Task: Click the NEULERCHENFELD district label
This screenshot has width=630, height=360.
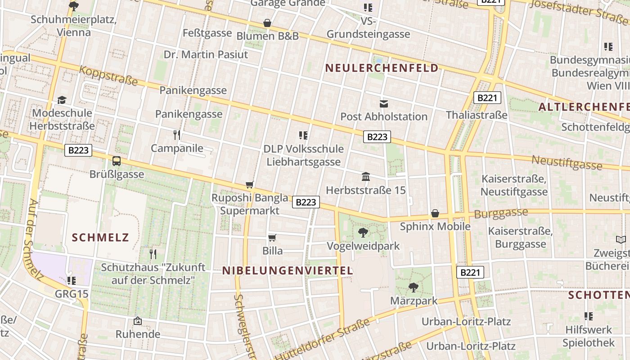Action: point(382,68)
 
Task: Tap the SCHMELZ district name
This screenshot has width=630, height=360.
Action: point(100,238)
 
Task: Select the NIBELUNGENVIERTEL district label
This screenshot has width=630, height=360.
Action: point(288,270)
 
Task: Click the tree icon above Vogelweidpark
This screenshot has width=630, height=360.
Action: point(363,233)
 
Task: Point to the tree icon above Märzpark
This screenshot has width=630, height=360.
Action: point(413,287)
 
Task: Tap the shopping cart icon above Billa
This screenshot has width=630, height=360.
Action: point(272,238)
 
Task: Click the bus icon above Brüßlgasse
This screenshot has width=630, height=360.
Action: point(117,161)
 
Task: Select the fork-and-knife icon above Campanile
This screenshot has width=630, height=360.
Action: point(177,135)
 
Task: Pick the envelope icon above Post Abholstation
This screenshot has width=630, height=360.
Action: point(383,104)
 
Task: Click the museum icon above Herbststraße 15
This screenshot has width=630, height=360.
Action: point(365,177)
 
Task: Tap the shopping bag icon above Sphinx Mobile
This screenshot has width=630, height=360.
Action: point(435,213)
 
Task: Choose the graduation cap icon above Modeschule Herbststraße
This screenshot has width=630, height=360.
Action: point(62,100)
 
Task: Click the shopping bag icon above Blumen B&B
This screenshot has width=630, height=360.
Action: point(267,22)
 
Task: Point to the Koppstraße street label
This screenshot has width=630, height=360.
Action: point(109,75)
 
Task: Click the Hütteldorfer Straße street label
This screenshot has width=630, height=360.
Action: point(322,340)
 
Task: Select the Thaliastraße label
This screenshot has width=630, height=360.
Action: point(477,115)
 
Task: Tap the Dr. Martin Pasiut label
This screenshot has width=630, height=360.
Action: point(206,54)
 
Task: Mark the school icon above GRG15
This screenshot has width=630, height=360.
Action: point(71,281)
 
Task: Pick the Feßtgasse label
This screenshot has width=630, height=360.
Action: point(207,33)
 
